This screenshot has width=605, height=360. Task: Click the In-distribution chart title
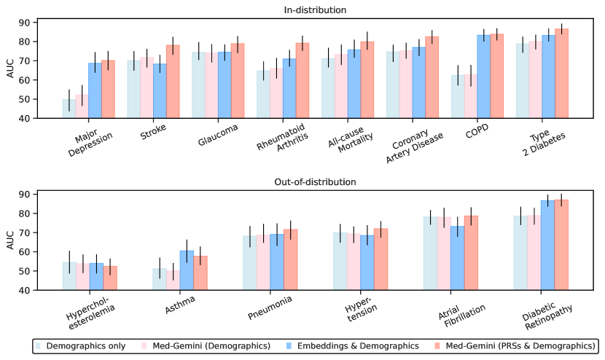[x=315, y=10]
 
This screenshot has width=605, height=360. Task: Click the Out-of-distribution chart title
[x=315, y=181]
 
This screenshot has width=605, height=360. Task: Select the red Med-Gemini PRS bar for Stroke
[x=173, y=81]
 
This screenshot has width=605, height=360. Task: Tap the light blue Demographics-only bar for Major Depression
[x=69, y=109]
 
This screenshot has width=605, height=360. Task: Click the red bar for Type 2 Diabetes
[x=562, y=73]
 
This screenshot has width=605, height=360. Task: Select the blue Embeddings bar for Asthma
[x=187, y=270]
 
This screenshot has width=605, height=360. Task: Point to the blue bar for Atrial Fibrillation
[x=458, y=258]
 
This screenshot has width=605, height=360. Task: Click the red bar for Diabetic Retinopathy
[x=562, y=245]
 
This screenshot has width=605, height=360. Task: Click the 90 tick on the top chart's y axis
[x=35, y=23]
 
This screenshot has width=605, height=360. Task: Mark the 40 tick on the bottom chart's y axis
[x=35, y=290]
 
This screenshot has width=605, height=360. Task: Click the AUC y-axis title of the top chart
[x=10, y=70]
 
